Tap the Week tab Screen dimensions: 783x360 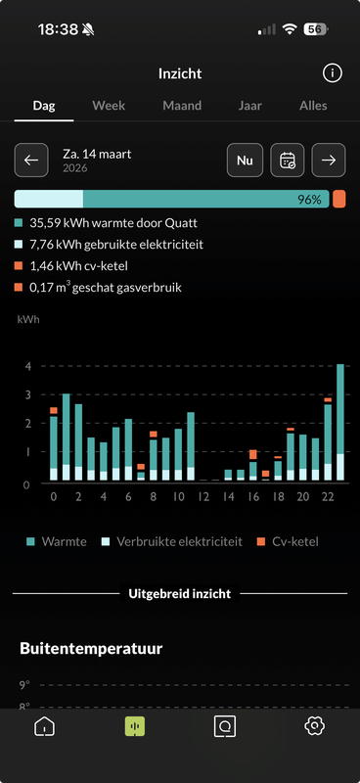109,106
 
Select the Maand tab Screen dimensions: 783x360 182,106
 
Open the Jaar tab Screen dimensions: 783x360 249,106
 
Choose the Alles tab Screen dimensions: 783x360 313,106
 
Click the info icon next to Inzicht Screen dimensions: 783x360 333,73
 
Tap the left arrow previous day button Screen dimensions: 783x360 31,160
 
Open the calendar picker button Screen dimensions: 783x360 288,160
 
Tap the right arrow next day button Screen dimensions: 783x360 330,160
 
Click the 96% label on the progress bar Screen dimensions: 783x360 309,200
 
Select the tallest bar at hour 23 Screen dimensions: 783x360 339,421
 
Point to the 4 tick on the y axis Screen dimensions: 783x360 28,366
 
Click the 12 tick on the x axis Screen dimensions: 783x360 202,497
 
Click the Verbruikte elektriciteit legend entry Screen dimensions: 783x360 170,541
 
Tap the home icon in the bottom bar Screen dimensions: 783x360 44,726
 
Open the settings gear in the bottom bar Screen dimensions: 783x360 314,726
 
